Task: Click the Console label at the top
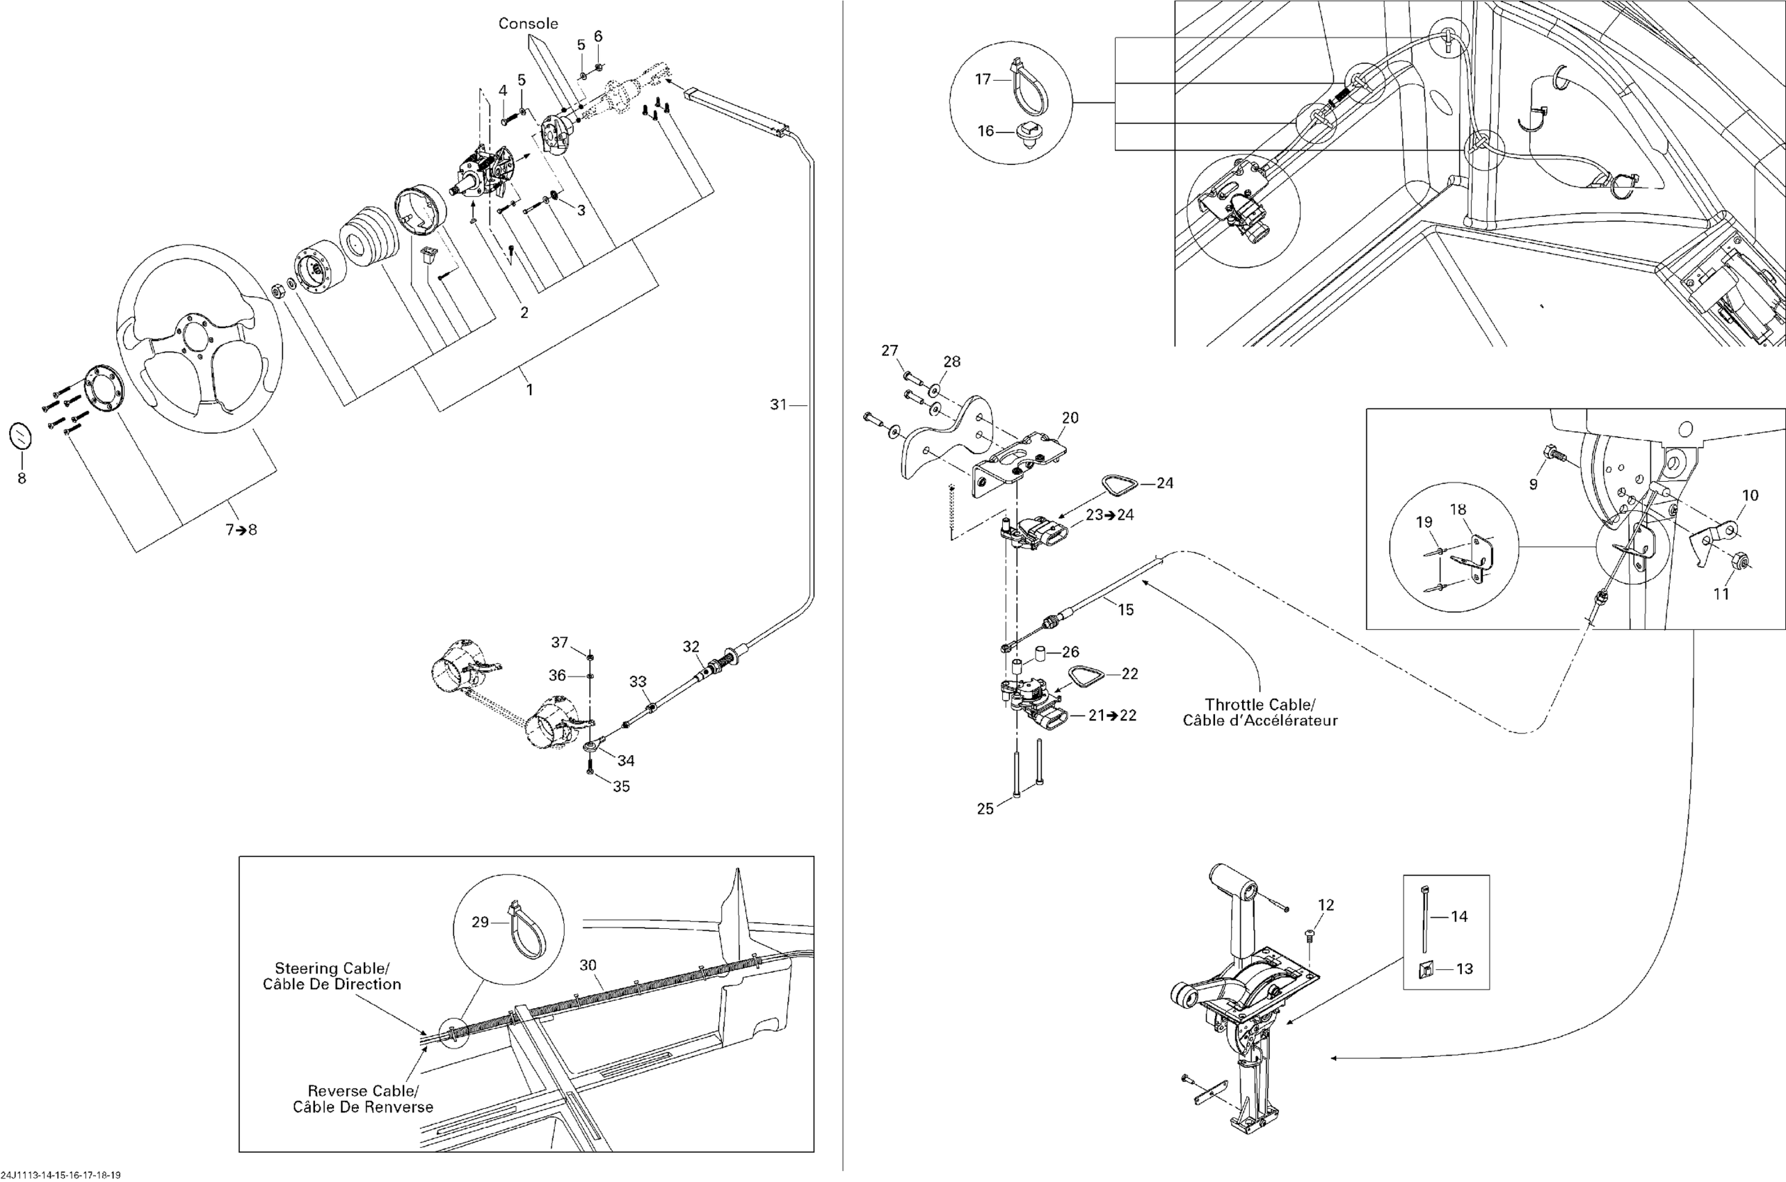click(x=528, y=24)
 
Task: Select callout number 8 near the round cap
click(x=22, y=478)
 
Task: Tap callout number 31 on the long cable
click(x=778, y=405)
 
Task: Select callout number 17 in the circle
click(x=982, y=79)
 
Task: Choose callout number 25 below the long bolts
click(x=985, y=809)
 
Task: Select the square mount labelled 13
click(x=1427, y=968)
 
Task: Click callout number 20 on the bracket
click(x=1070, y=418)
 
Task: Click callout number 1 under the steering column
click(x=529, y=390)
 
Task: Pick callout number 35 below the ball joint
click(x=620, y=786)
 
